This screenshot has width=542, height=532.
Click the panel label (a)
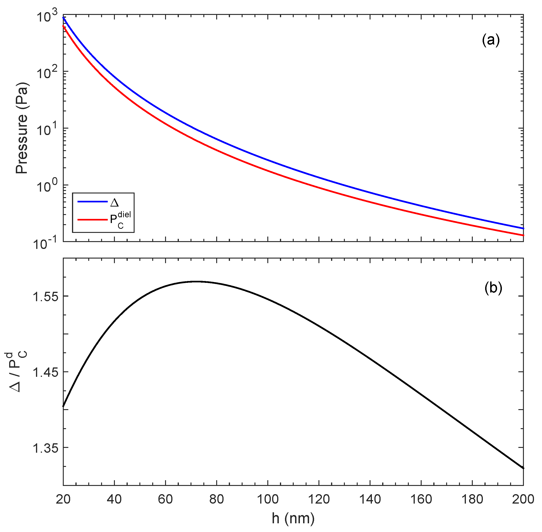(491, 41)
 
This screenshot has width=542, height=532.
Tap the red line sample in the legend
(92, 220)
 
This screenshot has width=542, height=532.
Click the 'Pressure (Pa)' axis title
(22, 128)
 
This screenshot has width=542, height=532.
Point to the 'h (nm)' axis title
(293, 518)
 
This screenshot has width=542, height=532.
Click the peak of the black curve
(197, 282)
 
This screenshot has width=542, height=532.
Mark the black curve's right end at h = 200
(523, 468)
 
